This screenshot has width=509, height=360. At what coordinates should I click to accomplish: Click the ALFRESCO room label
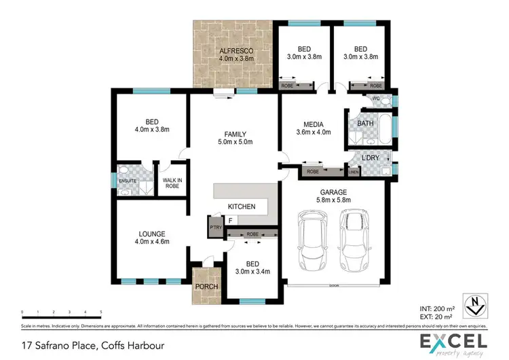click(x=235, y=50)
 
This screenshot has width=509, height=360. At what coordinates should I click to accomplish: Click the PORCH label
click(x=206, y=286)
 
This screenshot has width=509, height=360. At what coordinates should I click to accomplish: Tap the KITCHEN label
click(x=241, y=206)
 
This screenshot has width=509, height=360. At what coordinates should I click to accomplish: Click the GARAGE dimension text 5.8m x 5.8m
click(x=333, y=200)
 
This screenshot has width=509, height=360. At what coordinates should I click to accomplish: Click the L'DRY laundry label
click(x=371, y=158)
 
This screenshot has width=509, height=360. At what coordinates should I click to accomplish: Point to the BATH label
click(x=365, y=124)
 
